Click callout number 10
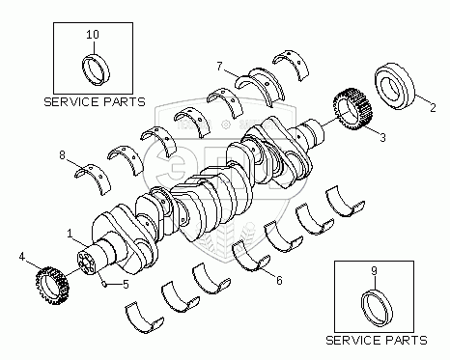(93, 34)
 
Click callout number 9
(374, 271)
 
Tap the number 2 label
(433, 108)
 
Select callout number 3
(382, 137)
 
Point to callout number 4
(22, 257)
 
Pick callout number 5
(126, 284)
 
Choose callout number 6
(279, 281)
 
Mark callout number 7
(219, 67)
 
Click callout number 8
(62, 155)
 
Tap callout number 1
(70, 234)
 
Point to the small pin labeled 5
(103, 284)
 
